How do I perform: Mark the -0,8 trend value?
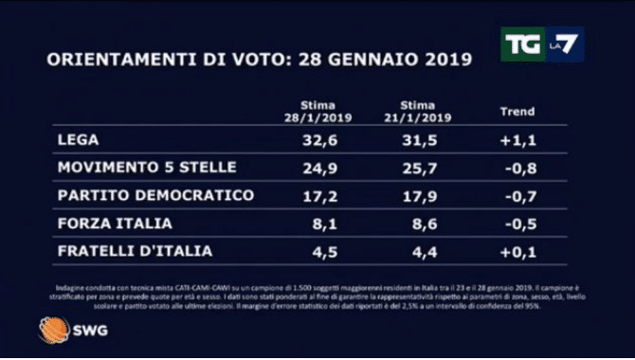coord(519,168)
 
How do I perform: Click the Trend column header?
coord(517,111)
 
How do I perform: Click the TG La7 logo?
coord(542,44)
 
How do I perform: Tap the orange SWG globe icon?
coord(53,330)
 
